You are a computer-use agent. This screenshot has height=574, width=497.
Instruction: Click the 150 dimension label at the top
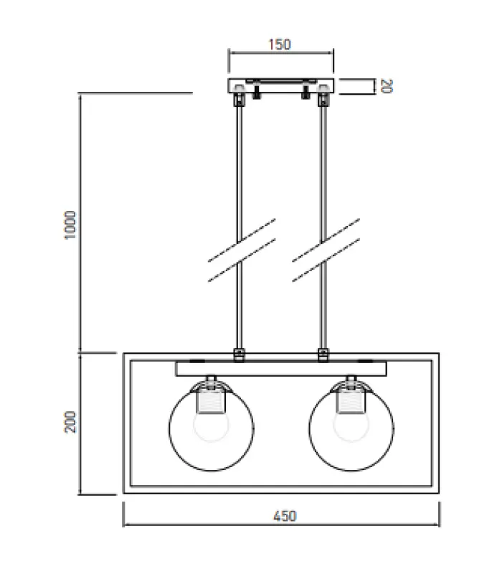tap(280, 44)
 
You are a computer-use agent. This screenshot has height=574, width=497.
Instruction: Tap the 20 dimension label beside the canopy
tap(385, 86)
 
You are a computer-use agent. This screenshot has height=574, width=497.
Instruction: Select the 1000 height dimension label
tap(70, 225)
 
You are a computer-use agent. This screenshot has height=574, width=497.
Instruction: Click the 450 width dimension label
tap(284, 515)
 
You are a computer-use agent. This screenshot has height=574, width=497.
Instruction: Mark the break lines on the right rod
tap(326, 249)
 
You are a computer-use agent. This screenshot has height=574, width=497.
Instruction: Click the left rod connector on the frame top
tap(239, 354)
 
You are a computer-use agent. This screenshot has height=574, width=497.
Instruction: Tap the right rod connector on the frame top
tap(323, 354)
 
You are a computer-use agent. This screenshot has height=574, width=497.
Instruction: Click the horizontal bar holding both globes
tap(280, 369)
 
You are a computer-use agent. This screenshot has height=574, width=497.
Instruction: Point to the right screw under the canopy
tap(306, 92)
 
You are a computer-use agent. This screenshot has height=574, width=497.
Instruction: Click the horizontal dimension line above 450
tap(280, 504)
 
